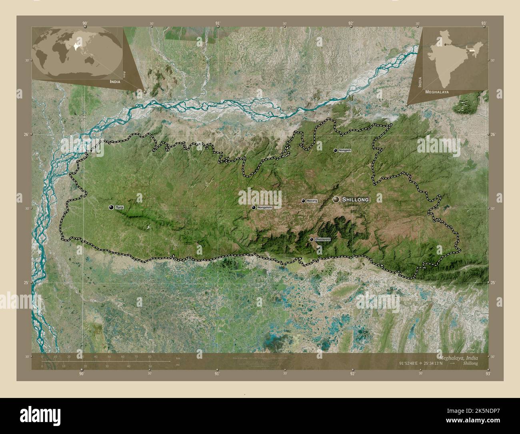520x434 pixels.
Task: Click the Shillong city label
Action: click(x=356, y=199)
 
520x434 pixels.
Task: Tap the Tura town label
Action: click(x=119, y=207)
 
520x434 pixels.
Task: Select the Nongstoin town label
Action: click(x=264, y=207)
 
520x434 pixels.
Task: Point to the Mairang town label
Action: click(x=312, y=201)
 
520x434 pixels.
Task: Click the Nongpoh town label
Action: click(x=344, y=151)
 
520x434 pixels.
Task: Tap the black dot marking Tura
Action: click(x=111, y=207)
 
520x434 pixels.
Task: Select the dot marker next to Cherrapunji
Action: click(x=312, y=239)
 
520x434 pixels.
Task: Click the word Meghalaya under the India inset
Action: click(x=437, y=92)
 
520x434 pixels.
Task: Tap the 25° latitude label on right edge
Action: click(x=493, y=283)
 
